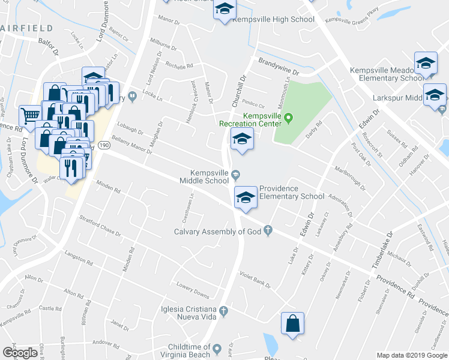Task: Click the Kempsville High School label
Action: tap(273, 20)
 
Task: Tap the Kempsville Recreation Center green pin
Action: tap(288, 117)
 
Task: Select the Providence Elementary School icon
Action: tap(245, 197)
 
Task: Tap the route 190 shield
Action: tap(104, 145)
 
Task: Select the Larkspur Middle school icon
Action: tap(435, 95)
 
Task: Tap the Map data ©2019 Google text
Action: tap(411, 355)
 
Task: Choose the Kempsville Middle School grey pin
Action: tap(236, 175)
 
